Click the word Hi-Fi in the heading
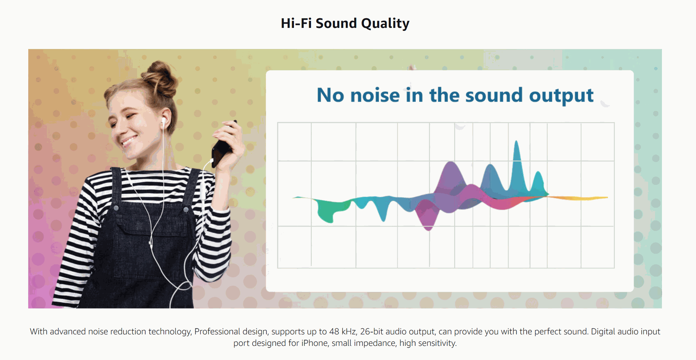pyautogui.click(x=296, y=23)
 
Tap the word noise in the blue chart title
pyautogui.click(x=375, y=95)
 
